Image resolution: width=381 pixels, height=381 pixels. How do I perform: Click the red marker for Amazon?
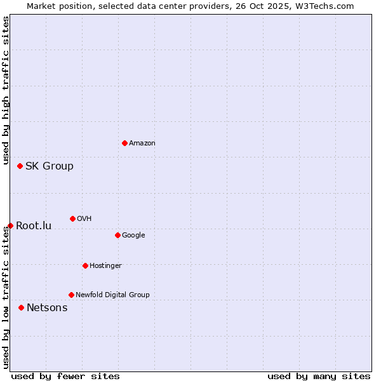tap(124, 143)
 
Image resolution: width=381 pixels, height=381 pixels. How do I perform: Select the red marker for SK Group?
tap(20, 166)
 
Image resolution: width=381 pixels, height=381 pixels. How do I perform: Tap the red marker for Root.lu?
tap(10, 225)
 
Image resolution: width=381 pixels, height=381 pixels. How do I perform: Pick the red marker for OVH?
tap(72, 218)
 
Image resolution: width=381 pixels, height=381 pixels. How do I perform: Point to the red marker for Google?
tap(117, 235)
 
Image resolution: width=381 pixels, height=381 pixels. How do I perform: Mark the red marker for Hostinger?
tap(85, 265)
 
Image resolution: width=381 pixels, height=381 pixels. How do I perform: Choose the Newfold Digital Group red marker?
tap(71, 295)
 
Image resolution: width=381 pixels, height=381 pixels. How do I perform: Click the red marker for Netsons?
tap(21, 307)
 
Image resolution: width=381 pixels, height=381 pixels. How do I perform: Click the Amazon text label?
tap(142, 144)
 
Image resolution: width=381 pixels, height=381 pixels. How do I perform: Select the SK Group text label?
tap(50, 166)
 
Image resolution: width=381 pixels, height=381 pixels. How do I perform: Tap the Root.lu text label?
tap(34, 226)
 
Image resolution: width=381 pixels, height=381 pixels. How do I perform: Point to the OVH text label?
tap(84, 219)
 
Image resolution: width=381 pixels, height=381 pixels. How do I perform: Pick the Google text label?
tap(133, 236)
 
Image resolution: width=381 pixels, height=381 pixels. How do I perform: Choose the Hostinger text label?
tap(105, 266)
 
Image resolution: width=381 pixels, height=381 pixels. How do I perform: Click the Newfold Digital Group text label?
tap(112, 295)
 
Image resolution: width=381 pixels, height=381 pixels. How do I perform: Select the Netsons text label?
tap(47, 308)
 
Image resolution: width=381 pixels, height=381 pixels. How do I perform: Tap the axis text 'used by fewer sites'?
tap(65, 376)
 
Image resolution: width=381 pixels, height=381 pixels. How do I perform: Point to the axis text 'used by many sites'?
tap(319, 376)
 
